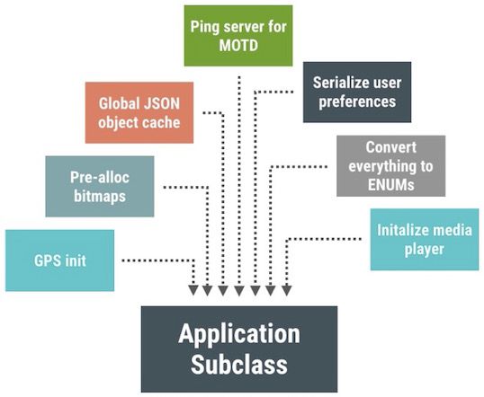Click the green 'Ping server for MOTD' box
coord(238,36)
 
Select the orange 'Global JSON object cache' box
coord(139,112)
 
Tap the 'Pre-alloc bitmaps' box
coord(100,187)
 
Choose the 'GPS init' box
coord(60,260)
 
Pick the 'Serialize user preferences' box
coord(357,93)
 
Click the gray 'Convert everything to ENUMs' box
coord(390,166)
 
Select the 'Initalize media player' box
coord(425,240)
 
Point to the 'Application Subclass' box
coord(239,348)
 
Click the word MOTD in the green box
coord(238,46)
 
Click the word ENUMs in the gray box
coord(390,185)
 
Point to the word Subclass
coord(239,365)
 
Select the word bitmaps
coord(100,197)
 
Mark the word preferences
coord(357,102)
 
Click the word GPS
coord(43,260)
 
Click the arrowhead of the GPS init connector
coord(193,290)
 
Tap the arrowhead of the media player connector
coord(286,290)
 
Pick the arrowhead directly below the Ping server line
coord(239,290)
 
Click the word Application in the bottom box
coord(239,334)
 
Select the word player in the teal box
coord(425,250)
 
